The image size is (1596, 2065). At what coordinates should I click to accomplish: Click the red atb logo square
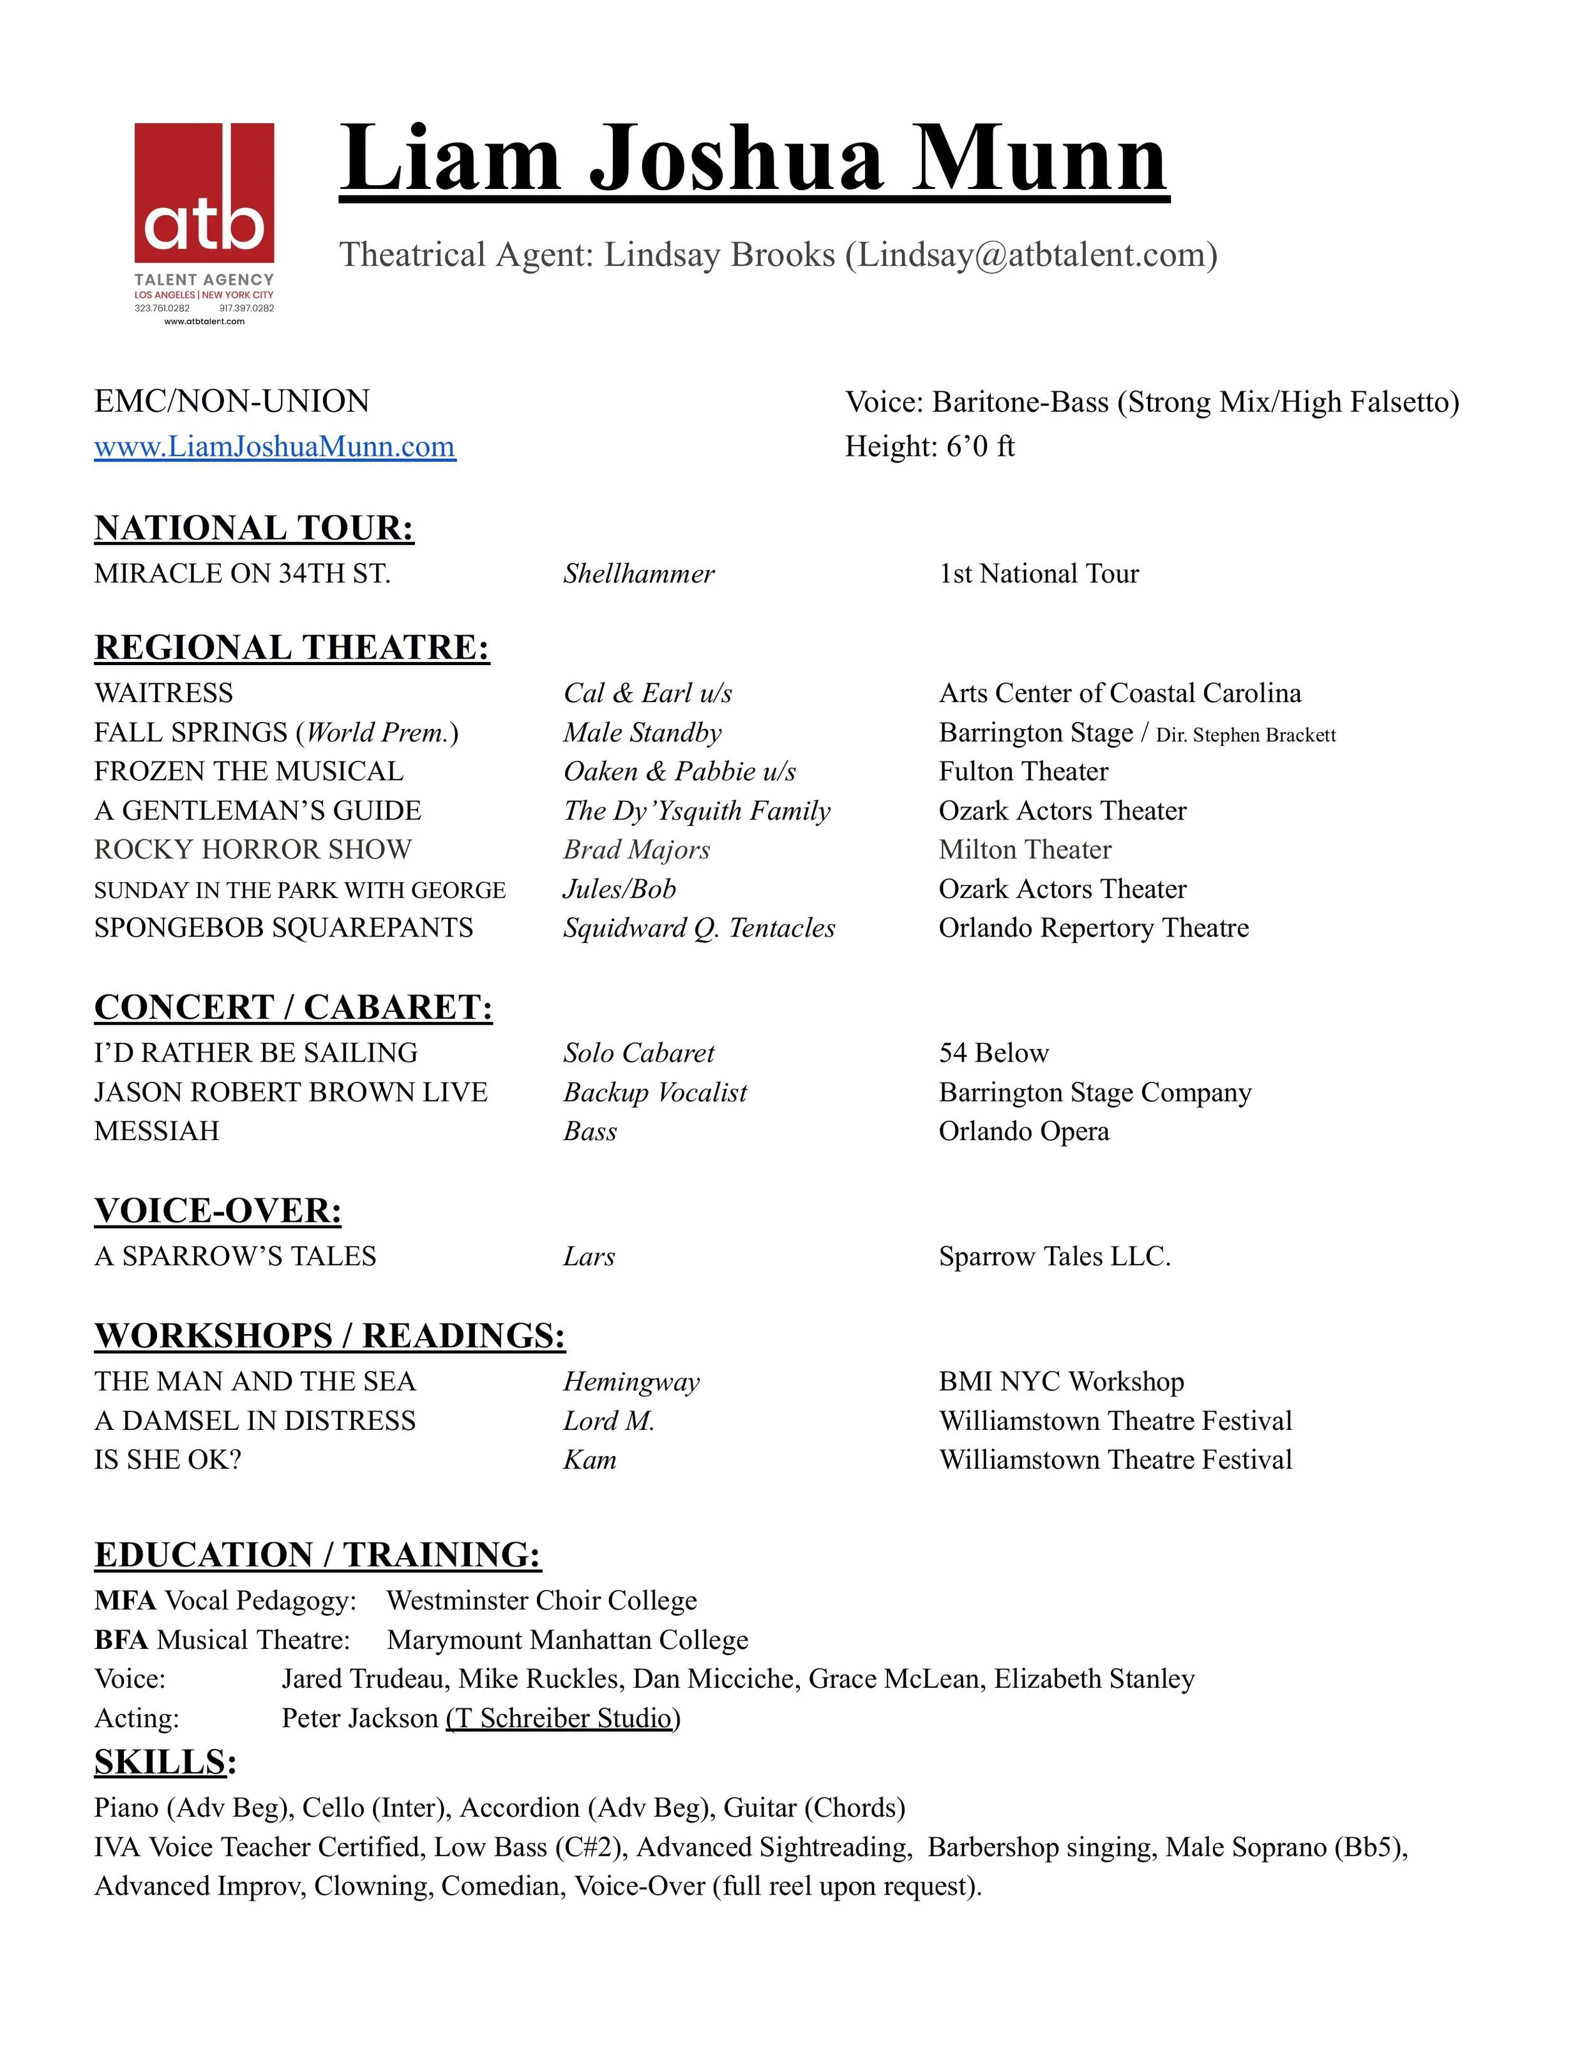(x=204, y=193)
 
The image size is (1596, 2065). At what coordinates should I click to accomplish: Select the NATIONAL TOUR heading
(x=254, y=528)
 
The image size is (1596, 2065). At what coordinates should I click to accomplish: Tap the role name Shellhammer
(x=639, y=574)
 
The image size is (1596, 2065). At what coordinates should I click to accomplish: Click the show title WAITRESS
(x=163, y=693)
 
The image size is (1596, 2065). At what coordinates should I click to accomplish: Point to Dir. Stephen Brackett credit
(x=1246, y=735)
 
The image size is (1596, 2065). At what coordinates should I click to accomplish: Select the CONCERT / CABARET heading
(x=293, y=1007)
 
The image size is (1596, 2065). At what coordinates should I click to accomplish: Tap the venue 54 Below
(x=994, y=1053)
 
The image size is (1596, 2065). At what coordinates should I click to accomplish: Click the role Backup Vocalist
(x=654, y=1092)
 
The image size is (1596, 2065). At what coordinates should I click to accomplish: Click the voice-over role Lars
(x=589, y=1257)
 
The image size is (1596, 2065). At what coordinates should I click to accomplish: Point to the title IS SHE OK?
(x=167, y=1460)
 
